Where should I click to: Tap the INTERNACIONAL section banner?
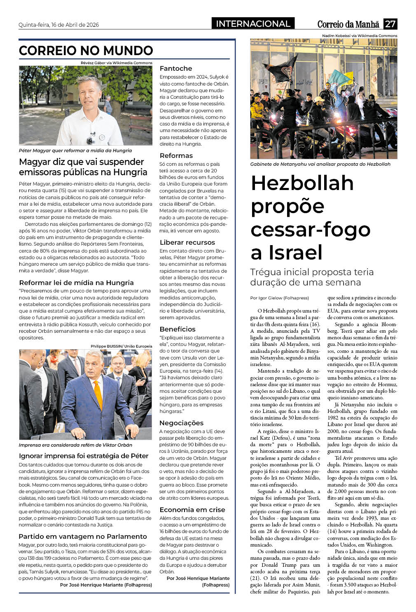[x=253, y=24]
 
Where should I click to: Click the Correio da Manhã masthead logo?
[x=348, y=24]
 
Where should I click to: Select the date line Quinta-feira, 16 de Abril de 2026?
[x=58, y=25]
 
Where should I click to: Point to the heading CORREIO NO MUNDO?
[x=86, y=51]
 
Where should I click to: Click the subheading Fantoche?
[x=176, y=69]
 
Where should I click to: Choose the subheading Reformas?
[x=176, y=156]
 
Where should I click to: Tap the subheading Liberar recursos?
[x=187, y=243]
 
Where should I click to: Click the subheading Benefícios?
[x=178, y=329]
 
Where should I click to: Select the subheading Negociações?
[x=181, y=423]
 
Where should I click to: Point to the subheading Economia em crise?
[x=192, y=510]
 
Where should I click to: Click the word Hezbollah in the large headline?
[x=302, y=183]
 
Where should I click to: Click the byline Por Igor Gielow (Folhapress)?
[x=279, y=298]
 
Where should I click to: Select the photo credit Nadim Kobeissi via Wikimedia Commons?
[x=360, y=36]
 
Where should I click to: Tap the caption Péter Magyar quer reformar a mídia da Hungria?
[x=75, y=151]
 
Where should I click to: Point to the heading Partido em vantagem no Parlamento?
[x=83, y=537]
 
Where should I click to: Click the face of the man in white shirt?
[x=89, y=90]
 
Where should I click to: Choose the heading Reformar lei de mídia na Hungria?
[x=76, y=283]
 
